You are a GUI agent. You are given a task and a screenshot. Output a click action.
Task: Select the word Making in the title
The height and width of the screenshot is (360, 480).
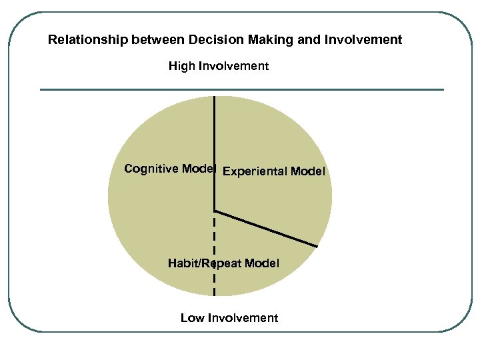pos(266,40)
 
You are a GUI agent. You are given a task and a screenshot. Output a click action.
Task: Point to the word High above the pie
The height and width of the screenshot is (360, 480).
pos(181,66)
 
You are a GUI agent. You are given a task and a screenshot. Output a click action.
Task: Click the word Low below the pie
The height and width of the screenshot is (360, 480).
pos(193,318)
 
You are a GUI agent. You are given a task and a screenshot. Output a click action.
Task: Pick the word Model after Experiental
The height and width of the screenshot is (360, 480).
pos(308,172)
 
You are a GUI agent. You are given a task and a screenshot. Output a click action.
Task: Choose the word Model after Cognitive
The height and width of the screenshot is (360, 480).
pos(199,169)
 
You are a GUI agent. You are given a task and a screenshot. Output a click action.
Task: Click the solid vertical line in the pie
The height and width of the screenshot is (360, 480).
pos(215,133)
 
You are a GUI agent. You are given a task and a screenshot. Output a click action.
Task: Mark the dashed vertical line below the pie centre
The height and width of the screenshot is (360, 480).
pos(214,240)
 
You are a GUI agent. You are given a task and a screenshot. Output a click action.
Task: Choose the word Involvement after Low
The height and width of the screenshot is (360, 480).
pos(243,318)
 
